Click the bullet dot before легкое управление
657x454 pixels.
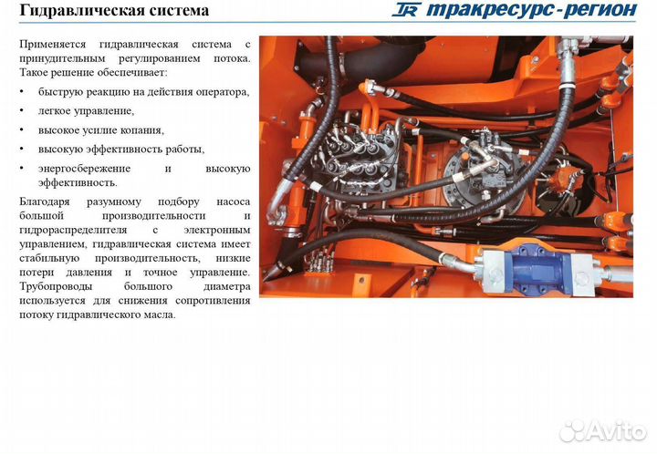(22, 111)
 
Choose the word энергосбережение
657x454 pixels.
(84, 169)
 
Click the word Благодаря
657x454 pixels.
(46, 201)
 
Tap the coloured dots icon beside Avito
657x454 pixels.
(573, 429)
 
